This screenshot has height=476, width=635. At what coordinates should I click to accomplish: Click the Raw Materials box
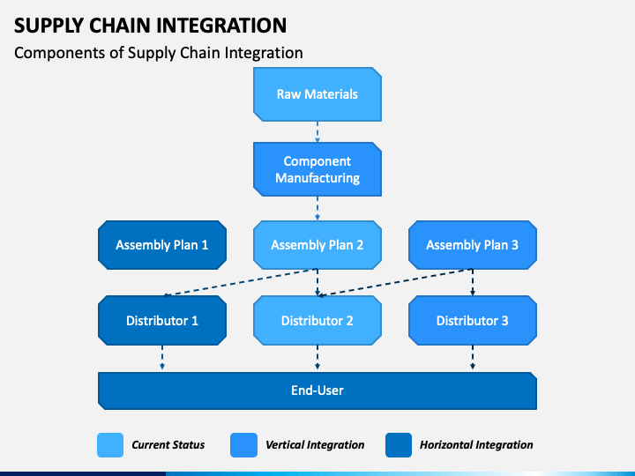pos(317,94)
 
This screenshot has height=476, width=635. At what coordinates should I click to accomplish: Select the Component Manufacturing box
pos(317,169)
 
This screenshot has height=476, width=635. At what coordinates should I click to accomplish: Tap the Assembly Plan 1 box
pos(162,245)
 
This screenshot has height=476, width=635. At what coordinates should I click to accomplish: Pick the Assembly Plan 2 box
pos(317,245)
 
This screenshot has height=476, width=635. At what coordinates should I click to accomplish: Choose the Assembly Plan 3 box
pos(473,245)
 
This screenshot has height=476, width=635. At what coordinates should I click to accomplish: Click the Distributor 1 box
pos(162,321)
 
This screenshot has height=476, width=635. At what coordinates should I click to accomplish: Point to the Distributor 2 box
pos(317,321)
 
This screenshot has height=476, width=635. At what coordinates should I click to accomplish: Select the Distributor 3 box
pos(473,321)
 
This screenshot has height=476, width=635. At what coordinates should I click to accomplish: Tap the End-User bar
pos(317,390)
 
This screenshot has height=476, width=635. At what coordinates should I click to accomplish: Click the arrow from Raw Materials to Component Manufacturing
pos(317,132)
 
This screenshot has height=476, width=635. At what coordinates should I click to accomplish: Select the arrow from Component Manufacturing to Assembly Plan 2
pos(317,208)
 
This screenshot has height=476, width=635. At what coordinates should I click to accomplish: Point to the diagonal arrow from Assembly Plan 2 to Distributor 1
pos(239,282)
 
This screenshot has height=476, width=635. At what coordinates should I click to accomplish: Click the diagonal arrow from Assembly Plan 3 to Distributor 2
pos(395,282)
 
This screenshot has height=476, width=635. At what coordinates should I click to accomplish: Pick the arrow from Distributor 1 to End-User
pos(162,357)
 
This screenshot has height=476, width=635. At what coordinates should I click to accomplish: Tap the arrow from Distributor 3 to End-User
pos(473,357)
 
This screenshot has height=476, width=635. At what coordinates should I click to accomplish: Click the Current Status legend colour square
pos(110,445)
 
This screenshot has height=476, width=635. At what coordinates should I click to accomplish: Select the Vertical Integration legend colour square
pos(243,445)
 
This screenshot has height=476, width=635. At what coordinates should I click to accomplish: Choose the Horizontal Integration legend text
pos(476,445)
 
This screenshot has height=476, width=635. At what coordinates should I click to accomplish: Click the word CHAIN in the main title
pos(120,26)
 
